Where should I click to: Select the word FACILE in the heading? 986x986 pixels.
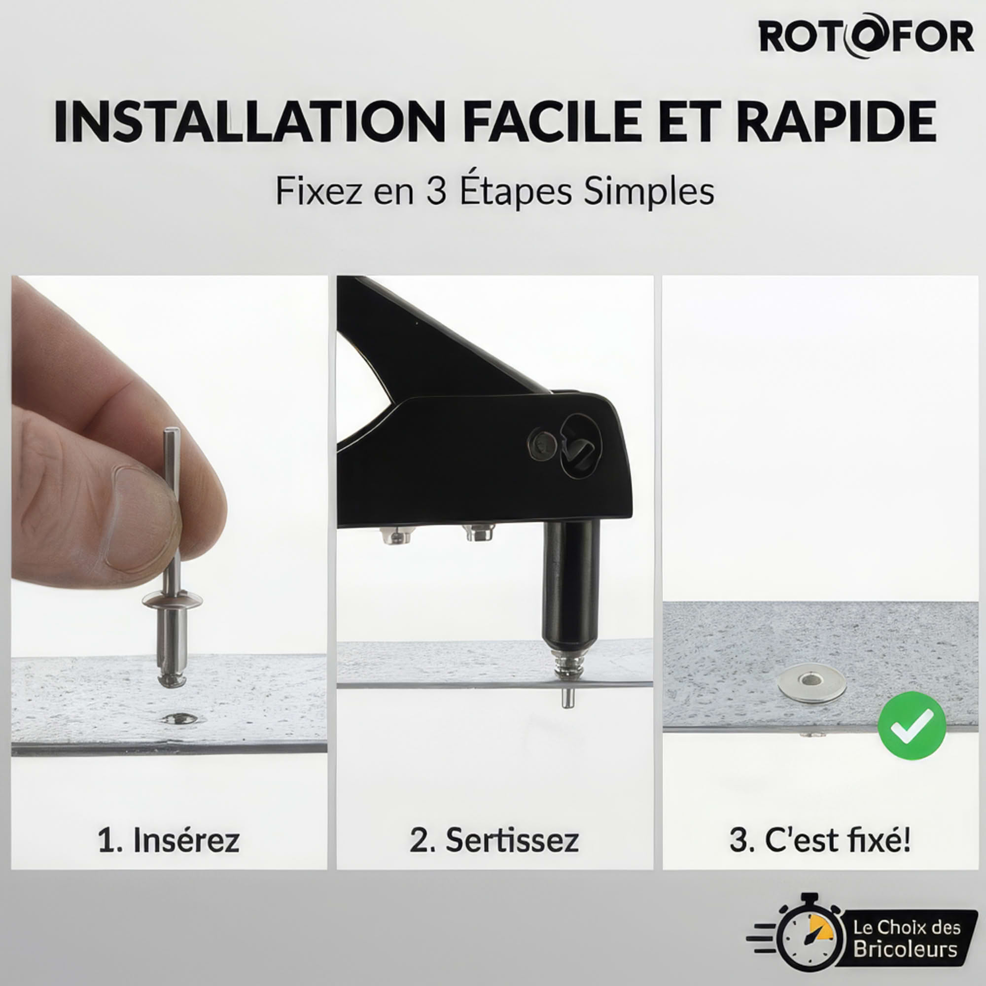[554, 122]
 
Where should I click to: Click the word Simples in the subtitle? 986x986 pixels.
[649, 192]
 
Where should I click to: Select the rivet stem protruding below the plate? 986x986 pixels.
[566, 698]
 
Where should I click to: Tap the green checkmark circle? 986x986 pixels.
[912, 726]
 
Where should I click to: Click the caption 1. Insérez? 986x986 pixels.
[169, 840]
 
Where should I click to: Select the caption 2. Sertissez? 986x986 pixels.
[494, 840]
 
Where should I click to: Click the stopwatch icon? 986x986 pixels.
[809, 937]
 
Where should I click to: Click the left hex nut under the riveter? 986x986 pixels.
[397, 536]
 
